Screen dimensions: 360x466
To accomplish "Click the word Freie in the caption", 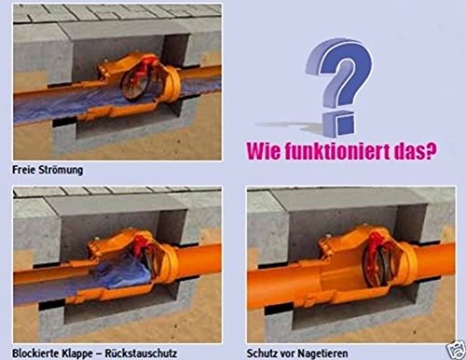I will point(27,171).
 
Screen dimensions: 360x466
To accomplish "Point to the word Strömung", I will point(70,171).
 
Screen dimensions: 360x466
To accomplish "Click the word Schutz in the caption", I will point(267,353).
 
